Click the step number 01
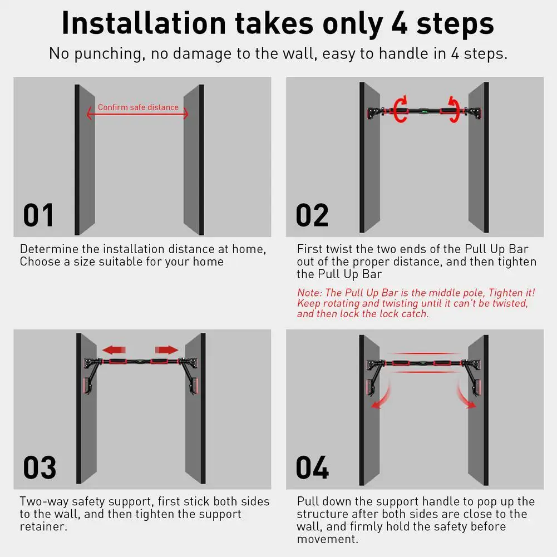(38, 215)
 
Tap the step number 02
(312, 215)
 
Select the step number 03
(40, 467)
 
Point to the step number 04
(312, 467)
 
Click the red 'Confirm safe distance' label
(138, 107)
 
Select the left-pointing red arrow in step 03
(114, 350)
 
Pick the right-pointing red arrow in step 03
(166, 350)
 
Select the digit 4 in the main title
(400, 24)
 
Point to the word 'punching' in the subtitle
(107, 54)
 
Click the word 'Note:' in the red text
(309, 293)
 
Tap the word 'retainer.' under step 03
(43, 526)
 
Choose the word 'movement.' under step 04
(328, 539)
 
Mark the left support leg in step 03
(91, 377)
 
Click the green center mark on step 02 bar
(424, 111)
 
